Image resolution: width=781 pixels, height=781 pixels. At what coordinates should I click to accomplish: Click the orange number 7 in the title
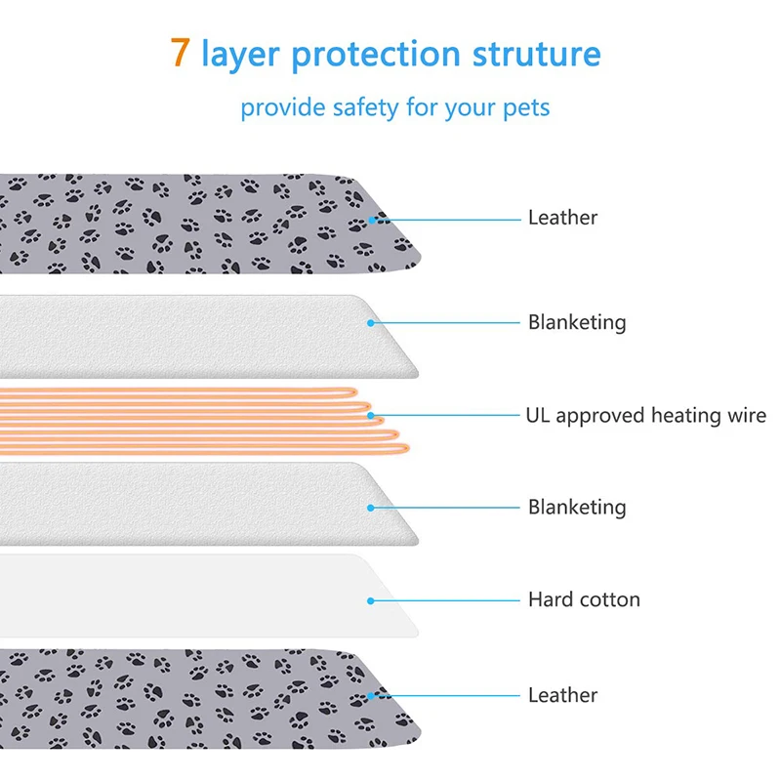pos(181,53)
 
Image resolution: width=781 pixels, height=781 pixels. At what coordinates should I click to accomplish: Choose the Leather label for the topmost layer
pos(562,218)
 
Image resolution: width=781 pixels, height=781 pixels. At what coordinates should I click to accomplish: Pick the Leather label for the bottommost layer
pos(562,695)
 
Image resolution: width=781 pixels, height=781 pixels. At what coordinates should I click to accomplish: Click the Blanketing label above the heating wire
pos(577,321)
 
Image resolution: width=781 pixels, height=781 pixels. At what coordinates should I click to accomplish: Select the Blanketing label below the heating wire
pos(577,507)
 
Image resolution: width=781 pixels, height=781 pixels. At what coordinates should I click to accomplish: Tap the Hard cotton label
pos(584,599)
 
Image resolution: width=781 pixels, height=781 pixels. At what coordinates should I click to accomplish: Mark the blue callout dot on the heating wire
pos(371,416)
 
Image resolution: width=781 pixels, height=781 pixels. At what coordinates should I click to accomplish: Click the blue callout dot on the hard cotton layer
pos(371,600)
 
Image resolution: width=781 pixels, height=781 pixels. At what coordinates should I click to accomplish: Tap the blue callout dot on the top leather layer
pos(371,219)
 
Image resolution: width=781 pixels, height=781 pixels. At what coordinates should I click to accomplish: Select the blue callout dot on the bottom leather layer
pos(371,695)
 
